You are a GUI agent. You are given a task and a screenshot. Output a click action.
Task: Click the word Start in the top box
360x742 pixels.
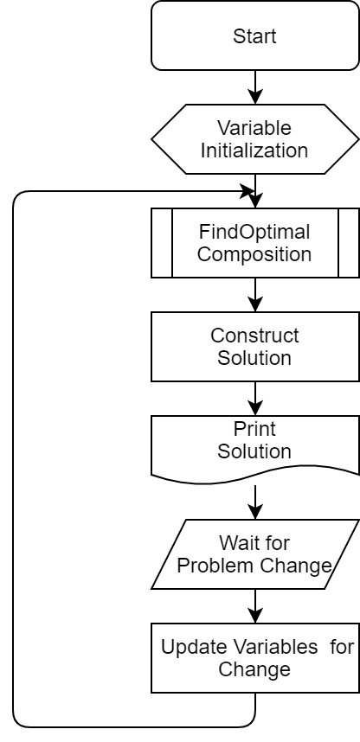point(254,36)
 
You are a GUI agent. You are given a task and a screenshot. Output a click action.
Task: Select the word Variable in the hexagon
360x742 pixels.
point(254,128)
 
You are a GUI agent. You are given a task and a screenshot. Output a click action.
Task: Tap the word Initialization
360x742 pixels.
point(254,150)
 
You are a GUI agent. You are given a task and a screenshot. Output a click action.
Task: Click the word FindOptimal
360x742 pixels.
point(254,233)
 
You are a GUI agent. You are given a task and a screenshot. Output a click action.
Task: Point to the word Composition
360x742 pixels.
point(254,254)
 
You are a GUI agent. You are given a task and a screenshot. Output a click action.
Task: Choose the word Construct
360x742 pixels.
point(254,336)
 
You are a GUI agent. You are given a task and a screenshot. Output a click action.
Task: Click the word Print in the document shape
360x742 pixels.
point(254,429)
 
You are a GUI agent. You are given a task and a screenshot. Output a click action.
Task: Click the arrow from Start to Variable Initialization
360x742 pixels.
point(255,87)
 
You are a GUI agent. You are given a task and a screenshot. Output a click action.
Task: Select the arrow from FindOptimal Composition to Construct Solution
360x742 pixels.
point(255,295)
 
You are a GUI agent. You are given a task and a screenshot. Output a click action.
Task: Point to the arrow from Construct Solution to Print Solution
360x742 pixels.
point(255,399)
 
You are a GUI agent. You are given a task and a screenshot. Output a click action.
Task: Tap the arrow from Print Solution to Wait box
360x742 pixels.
point(255,502)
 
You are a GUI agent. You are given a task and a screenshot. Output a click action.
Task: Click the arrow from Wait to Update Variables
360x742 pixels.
point(255,606)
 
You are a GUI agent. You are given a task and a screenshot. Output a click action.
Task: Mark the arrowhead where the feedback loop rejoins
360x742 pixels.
point(247,191)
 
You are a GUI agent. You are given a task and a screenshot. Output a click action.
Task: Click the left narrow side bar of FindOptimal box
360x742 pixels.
point(162,243)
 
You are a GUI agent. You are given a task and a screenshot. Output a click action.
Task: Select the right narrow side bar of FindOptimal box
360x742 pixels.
point(349,243)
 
